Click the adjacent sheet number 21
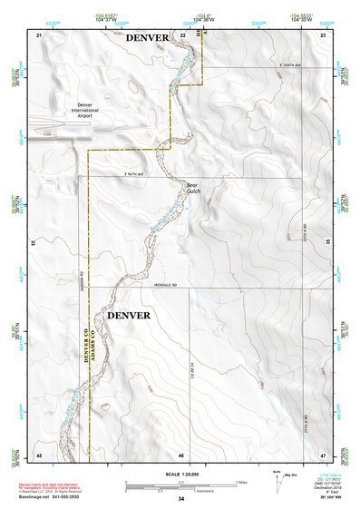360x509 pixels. point(39,34)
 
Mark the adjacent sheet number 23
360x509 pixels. point(323,34)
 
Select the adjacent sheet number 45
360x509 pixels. point(39,453)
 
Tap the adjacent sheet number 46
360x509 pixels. point(181,454)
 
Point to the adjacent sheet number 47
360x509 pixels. point(323,453)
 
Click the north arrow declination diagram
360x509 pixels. point(280,475)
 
